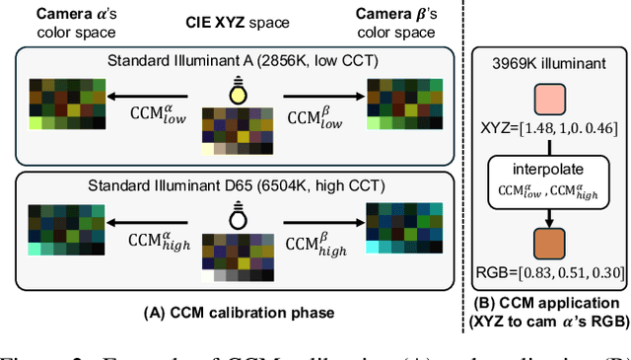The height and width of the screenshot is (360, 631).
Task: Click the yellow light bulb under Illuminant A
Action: click(x=237, y=92)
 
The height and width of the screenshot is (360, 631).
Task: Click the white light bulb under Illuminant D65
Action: click(x=237, y=215)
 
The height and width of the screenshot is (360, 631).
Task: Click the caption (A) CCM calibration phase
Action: click(x=238, y=314)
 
